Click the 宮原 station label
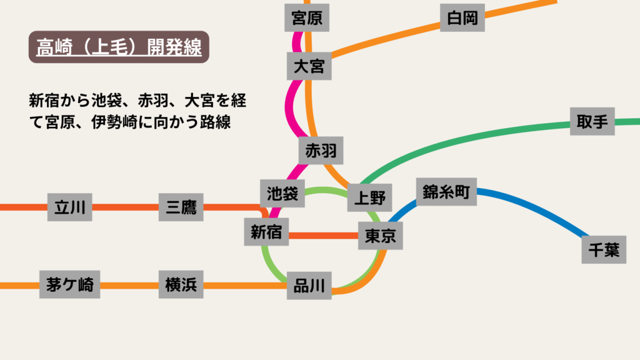307,17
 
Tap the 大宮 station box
309,66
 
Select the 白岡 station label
462,19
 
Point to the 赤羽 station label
321,151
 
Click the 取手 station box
592,121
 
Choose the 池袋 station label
282,193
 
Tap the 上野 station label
369,198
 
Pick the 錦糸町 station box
446,192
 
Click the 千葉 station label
603,250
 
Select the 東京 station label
381,236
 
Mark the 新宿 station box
266,233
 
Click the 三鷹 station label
181,207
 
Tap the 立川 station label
70,207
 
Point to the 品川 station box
309,286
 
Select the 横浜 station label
181,285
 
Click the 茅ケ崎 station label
69,285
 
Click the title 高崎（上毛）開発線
119,47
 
